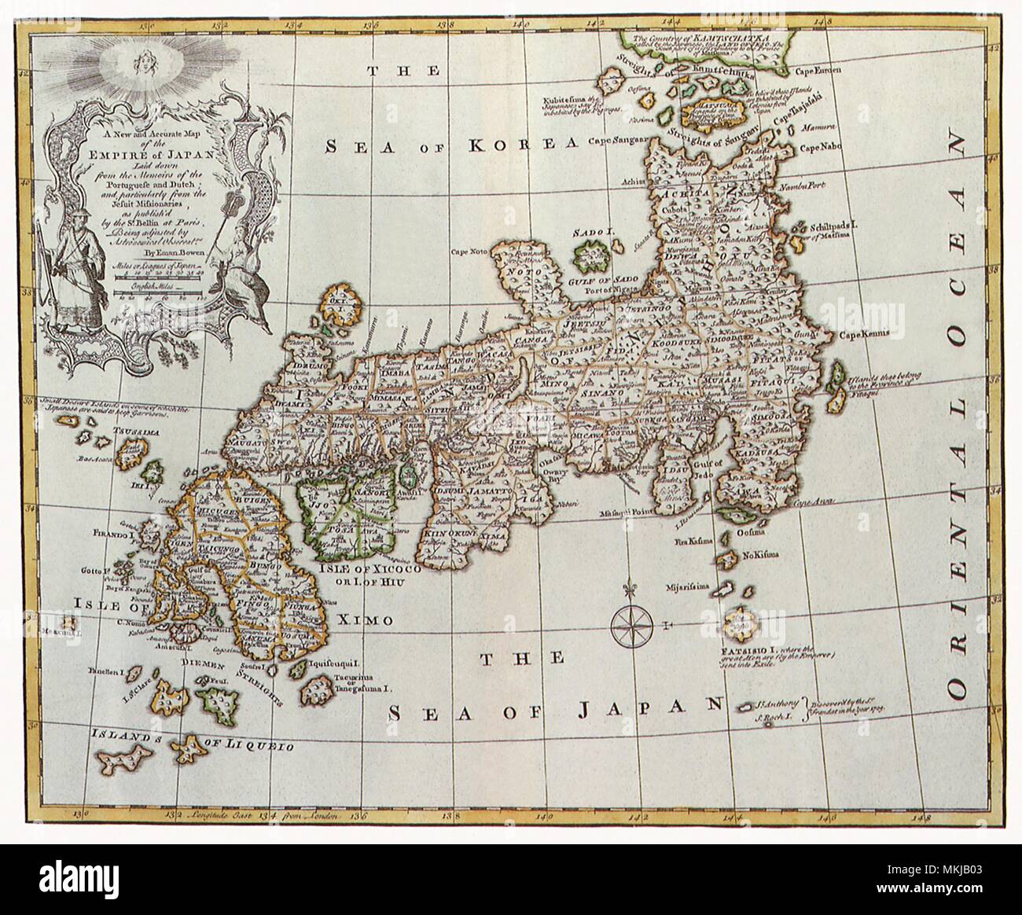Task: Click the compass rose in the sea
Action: [634, 624]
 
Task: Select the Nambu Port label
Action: [818, 188]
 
